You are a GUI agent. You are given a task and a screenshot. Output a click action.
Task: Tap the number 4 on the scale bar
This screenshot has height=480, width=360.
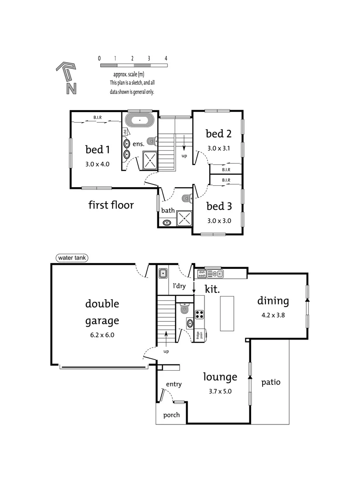(x=166, y=58)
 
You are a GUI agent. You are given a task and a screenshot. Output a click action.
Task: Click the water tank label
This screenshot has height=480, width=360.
(x=72, y=258)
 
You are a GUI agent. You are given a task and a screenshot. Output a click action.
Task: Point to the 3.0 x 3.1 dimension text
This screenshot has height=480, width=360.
(x=219, y=148)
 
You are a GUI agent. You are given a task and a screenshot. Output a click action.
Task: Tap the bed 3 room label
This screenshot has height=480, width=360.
(x=219, y=206)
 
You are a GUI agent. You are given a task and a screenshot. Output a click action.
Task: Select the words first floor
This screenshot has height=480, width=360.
(x=111, y=205)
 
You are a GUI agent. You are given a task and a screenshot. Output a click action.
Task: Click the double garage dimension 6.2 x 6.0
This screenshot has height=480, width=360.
(x=102, y=335)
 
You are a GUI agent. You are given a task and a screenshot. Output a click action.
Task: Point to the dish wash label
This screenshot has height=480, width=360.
(x=202, y=273)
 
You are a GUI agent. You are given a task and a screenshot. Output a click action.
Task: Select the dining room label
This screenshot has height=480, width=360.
(x=273, y=301)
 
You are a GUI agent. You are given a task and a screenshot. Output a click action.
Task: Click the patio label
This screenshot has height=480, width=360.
(x=271, y=382)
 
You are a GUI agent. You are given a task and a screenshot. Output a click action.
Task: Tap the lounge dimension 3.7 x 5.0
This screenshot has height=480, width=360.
(x=220, y=392)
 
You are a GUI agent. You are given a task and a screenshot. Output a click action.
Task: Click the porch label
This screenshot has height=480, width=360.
(x=171, y=415)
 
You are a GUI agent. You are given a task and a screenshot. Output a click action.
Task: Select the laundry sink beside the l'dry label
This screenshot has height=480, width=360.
(x=163, y=273)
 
